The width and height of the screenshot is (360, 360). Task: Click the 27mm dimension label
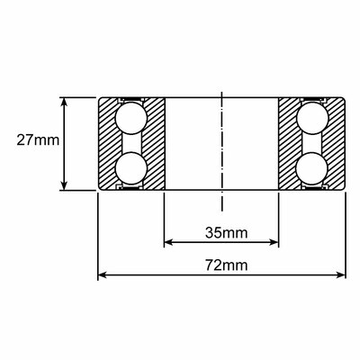[38, 140]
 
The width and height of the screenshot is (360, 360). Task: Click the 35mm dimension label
[227, 232]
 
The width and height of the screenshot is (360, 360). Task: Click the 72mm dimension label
[227, 265]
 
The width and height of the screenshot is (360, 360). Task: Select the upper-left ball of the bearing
[131, 118]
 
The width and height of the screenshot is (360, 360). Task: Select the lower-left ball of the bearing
[130, 168]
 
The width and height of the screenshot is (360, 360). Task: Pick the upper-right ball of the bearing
[312, 118]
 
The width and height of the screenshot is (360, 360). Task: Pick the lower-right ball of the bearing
[311, 168]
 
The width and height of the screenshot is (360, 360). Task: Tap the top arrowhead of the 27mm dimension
[64, 102]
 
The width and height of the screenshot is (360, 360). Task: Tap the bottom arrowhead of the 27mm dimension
[64, 185]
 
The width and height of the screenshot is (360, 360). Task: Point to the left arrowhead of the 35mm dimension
[169, 242]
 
